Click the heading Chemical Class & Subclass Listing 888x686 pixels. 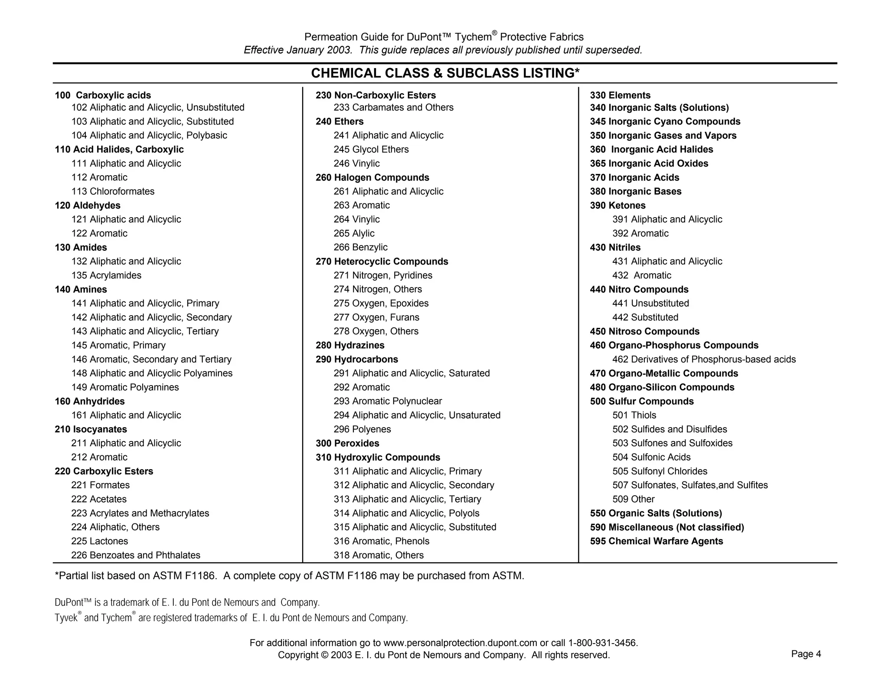[x=445, y=73]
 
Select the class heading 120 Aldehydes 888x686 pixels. [x=88, y=206]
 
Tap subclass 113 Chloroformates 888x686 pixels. [x=113, y=191]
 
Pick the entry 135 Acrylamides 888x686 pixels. [x=106, y=275]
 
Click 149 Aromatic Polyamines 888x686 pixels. [x=125, y=387]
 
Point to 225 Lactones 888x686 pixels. [x=100, y=541]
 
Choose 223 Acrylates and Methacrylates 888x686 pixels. [x=140, y=513]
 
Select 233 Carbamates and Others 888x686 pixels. [x=393, y=108]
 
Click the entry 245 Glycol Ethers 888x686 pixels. [x=371, y=150]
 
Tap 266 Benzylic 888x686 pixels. [x=361, y=247]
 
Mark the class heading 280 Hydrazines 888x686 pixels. [x=350, y=345]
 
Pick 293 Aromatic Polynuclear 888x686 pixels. [x=388, y=401]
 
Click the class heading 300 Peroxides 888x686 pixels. [x=347, y=443]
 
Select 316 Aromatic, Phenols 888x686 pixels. [x=382, y=541]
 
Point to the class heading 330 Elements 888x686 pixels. [x=620, y=95]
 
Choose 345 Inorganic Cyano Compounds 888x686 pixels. [x=665, y=121]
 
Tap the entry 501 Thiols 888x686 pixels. [x=634, y=415]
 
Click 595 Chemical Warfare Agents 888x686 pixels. [x=656, y=541]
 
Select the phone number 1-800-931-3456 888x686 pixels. [x=602, y=643]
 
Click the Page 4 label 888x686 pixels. [x=806, y=654]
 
